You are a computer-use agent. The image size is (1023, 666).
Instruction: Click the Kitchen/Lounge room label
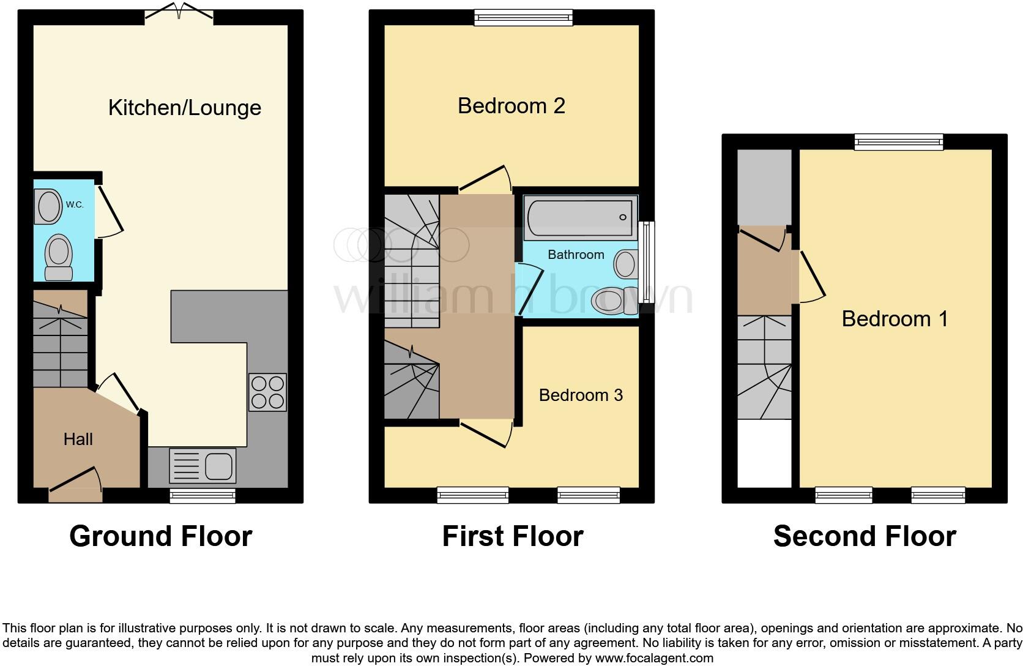[184, 108]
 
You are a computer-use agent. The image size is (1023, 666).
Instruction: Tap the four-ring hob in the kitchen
[267, 392]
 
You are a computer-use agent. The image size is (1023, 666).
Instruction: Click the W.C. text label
[75, 204]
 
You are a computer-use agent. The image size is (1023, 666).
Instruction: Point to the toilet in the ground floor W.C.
[59, 256]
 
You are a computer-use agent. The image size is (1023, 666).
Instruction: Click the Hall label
[78, 439]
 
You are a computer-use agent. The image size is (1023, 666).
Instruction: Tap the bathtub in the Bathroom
[579, 218]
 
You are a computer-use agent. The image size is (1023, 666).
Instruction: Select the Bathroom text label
[575, 255]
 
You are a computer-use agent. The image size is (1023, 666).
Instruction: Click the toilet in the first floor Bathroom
[615, 301]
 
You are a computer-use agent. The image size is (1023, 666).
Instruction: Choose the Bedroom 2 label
[511, 106]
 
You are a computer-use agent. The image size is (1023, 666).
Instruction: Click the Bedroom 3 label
[581, 395]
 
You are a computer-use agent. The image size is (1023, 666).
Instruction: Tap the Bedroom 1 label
[895, 318]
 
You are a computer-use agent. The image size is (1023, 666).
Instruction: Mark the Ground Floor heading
[160, 536]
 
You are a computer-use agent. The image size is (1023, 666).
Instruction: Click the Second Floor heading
[864, 536]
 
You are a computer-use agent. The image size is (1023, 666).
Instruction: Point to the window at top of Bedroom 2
[523, 18]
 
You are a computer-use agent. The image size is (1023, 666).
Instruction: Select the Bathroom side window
[645, 262]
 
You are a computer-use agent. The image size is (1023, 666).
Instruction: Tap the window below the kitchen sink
[202, 495]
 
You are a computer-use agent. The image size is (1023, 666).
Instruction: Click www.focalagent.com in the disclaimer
[653, 659]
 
